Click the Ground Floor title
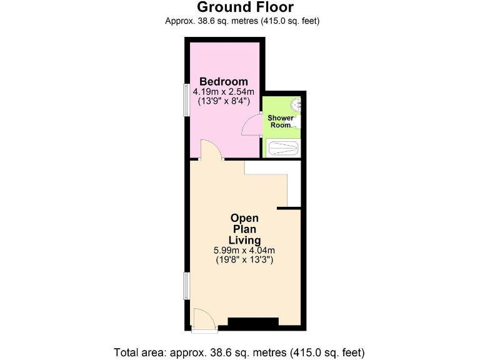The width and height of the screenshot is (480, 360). (x=245, y=7)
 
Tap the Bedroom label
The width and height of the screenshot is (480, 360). (x=223, y=82)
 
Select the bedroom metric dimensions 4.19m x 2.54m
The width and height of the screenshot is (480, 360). (x=223, y=91)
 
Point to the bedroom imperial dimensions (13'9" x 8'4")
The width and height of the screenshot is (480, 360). (x=223, y=101)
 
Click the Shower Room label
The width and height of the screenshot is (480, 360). (x=280, y=121)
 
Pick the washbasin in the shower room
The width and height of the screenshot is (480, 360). (x=297, y=104)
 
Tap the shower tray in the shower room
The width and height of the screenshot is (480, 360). (x=282, y=149)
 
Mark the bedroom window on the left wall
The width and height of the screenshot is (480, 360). (x=185, y=99)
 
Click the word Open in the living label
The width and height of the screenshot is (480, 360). (x=244, y=218)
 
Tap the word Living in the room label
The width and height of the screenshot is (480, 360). (x=244, y=240)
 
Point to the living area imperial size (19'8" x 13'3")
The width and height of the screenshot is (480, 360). (x=244, y=259)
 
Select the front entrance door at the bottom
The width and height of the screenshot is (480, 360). (x=204, y=319)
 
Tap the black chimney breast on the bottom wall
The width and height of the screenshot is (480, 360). (x=252, y=322)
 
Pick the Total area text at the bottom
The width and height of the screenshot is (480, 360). (x=239, y=351)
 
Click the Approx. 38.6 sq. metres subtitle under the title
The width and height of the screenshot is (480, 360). (x=242, y=21)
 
